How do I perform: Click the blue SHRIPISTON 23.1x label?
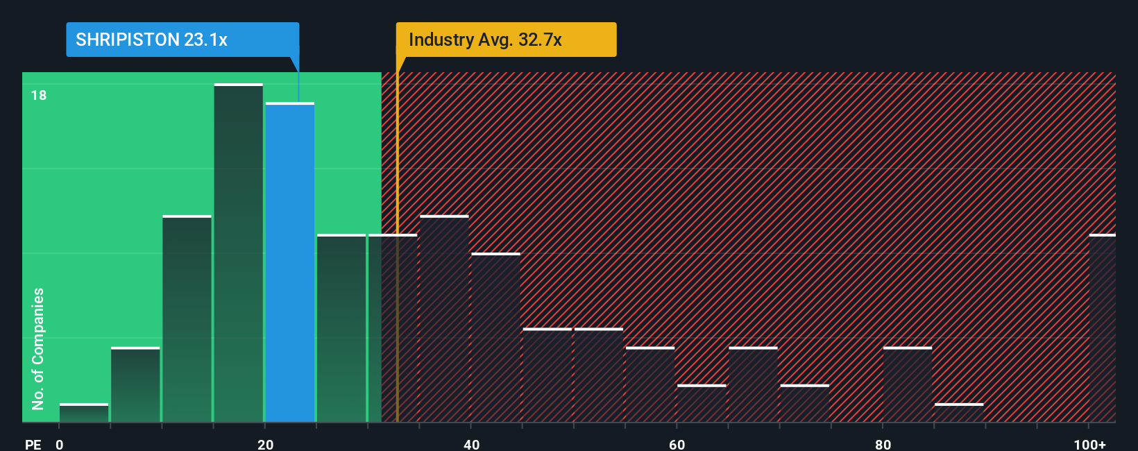pyautogui.click(x=182, y=40)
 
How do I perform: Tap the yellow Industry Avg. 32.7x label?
pyautogui.click(x=505, y=40)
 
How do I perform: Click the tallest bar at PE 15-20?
pyautogui.click(x=239, y=253)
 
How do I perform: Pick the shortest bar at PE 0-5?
pyautogui.click(x=84, y=413)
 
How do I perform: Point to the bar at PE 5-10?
pyautogui.click(x=135, y=384)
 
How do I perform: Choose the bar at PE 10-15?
pyautogui.click(x=187, y=319)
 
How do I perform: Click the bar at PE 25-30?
pyautogui.click(x=341, y=328)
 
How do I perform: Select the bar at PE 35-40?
pyautogui.click(x=444, y=319)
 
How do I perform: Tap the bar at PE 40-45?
pyautogui.click(x=495, y=338)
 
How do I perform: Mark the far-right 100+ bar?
pyautogui.click(x=1102, y=328)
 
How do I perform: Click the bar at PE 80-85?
pyautogui.click(x=908, y=384)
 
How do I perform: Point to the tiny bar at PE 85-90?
pyautogui.click(x=959, y=413)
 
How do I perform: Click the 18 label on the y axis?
pyautogui.click(x=39, y=95)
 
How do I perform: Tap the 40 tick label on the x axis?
pyautogui.click(x=471, y=444)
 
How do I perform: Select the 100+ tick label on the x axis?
pyautogui.click(x=1089, y=444)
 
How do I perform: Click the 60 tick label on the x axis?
pyautogui.click(x=677, y=444)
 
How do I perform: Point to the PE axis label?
pyautogui.click(x=33, y=444)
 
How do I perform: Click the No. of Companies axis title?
pyautogui.click(x=38, y=348)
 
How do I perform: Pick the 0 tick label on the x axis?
pyautogui.click(x=60, y=444)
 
